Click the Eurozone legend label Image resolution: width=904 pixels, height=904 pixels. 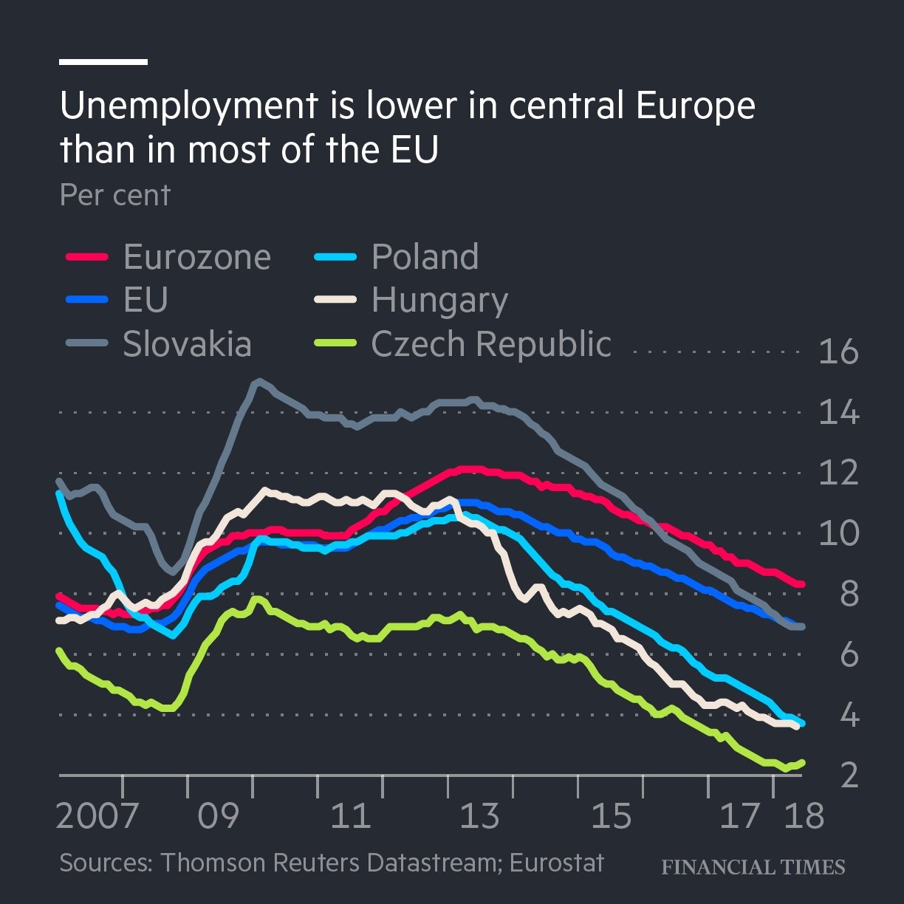[196, 257]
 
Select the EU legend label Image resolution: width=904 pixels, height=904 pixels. [145, 300]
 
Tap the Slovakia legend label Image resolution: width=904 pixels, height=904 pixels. [187, 344]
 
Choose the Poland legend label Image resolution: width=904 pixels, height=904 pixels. [425, 257]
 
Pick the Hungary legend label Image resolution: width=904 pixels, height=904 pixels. [439, 301]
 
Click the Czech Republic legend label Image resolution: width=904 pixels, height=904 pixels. [491, 344]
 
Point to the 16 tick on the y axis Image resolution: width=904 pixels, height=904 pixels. [839, 352]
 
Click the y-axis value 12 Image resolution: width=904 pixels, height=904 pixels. [839, 473]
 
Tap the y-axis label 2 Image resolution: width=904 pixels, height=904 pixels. [849, 775]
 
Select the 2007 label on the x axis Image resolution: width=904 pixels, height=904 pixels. [97, 816]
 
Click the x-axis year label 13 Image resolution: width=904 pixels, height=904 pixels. [479, 816]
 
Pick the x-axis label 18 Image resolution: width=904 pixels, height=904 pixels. [804, 816]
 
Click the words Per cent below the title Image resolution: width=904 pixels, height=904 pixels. [115, 195]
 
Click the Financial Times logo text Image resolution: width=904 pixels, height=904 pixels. [753, 866]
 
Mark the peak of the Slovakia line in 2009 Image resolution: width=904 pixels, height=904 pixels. [257, 381]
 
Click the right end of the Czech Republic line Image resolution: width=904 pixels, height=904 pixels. [802, 763]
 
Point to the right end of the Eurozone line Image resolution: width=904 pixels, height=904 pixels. [802, 584]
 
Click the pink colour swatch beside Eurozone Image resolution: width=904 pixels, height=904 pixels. [87, 257]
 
